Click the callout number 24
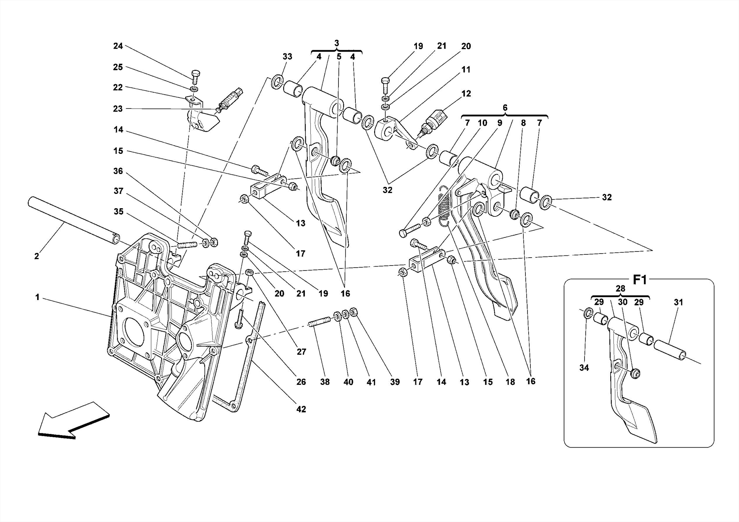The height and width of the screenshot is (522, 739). tap(118, 46)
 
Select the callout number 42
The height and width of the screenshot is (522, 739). tap(301, 409)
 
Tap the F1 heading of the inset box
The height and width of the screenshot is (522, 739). tap(640, 280)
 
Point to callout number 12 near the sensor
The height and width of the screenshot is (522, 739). tap(466, 94)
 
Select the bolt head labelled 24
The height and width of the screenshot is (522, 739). tap(195, 74)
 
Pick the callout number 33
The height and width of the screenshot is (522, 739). tap(287, 57)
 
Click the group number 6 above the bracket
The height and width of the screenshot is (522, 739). tap(505, 108)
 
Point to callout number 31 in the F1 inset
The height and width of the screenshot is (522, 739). tap(678, 302)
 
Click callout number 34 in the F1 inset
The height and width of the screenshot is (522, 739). tap(584, 368)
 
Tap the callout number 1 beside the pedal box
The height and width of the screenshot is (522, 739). tap(37, 297)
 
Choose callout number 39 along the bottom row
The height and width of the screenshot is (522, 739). tap(395, 382)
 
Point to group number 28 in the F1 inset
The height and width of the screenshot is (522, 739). tap(620, 289)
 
